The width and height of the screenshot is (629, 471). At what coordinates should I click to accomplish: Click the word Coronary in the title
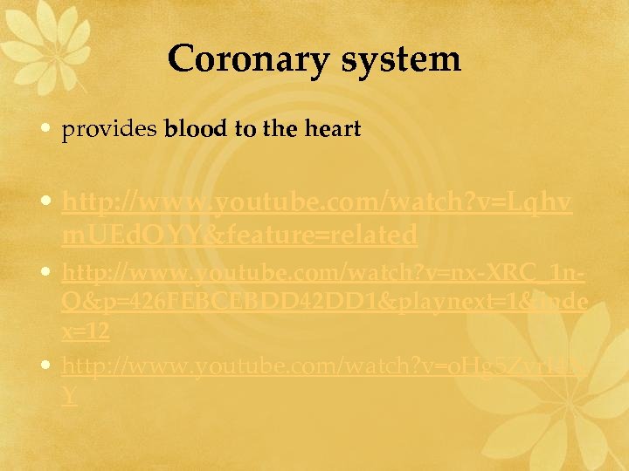(248, 59)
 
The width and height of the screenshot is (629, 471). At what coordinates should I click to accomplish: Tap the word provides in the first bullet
(108, 131)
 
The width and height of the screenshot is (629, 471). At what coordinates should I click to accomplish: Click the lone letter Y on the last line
(69, 394)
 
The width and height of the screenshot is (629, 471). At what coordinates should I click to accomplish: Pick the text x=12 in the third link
(85, 331)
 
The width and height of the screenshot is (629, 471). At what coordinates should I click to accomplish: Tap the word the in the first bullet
(280, 130)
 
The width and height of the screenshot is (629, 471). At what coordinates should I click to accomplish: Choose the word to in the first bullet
(245, 130)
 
